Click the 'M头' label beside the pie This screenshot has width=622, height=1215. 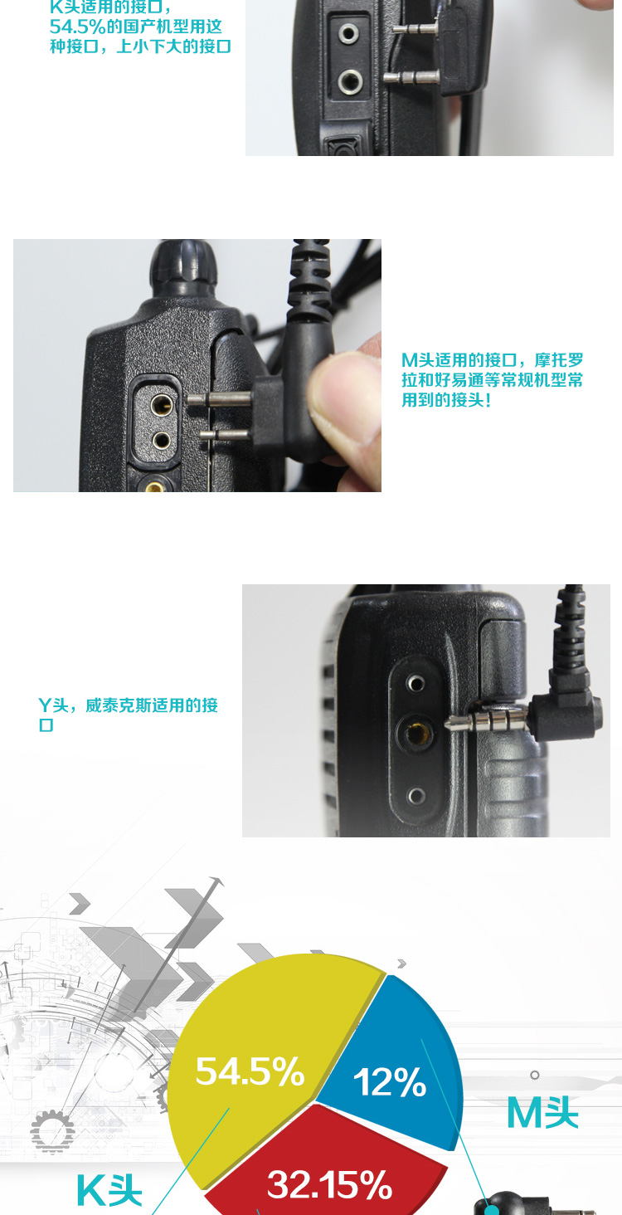coord(542,1113)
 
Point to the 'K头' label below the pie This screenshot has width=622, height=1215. coord(109,1191)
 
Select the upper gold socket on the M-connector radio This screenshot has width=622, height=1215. coord(161,404)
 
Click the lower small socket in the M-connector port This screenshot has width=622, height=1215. coord(161,440)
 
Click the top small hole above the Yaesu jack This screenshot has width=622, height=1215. coord(415,683)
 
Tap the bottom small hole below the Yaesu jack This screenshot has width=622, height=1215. coord(416,796)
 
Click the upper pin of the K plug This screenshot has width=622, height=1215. coord(415,29)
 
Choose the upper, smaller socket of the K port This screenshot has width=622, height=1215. coord(348,34)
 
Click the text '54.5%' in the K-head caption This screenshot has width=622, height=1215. coord(77,27)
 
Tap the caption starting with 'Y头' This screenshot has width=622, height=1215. coord(128,715)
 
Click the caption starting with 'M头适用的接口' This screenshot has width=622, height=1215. coord(492,380)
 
